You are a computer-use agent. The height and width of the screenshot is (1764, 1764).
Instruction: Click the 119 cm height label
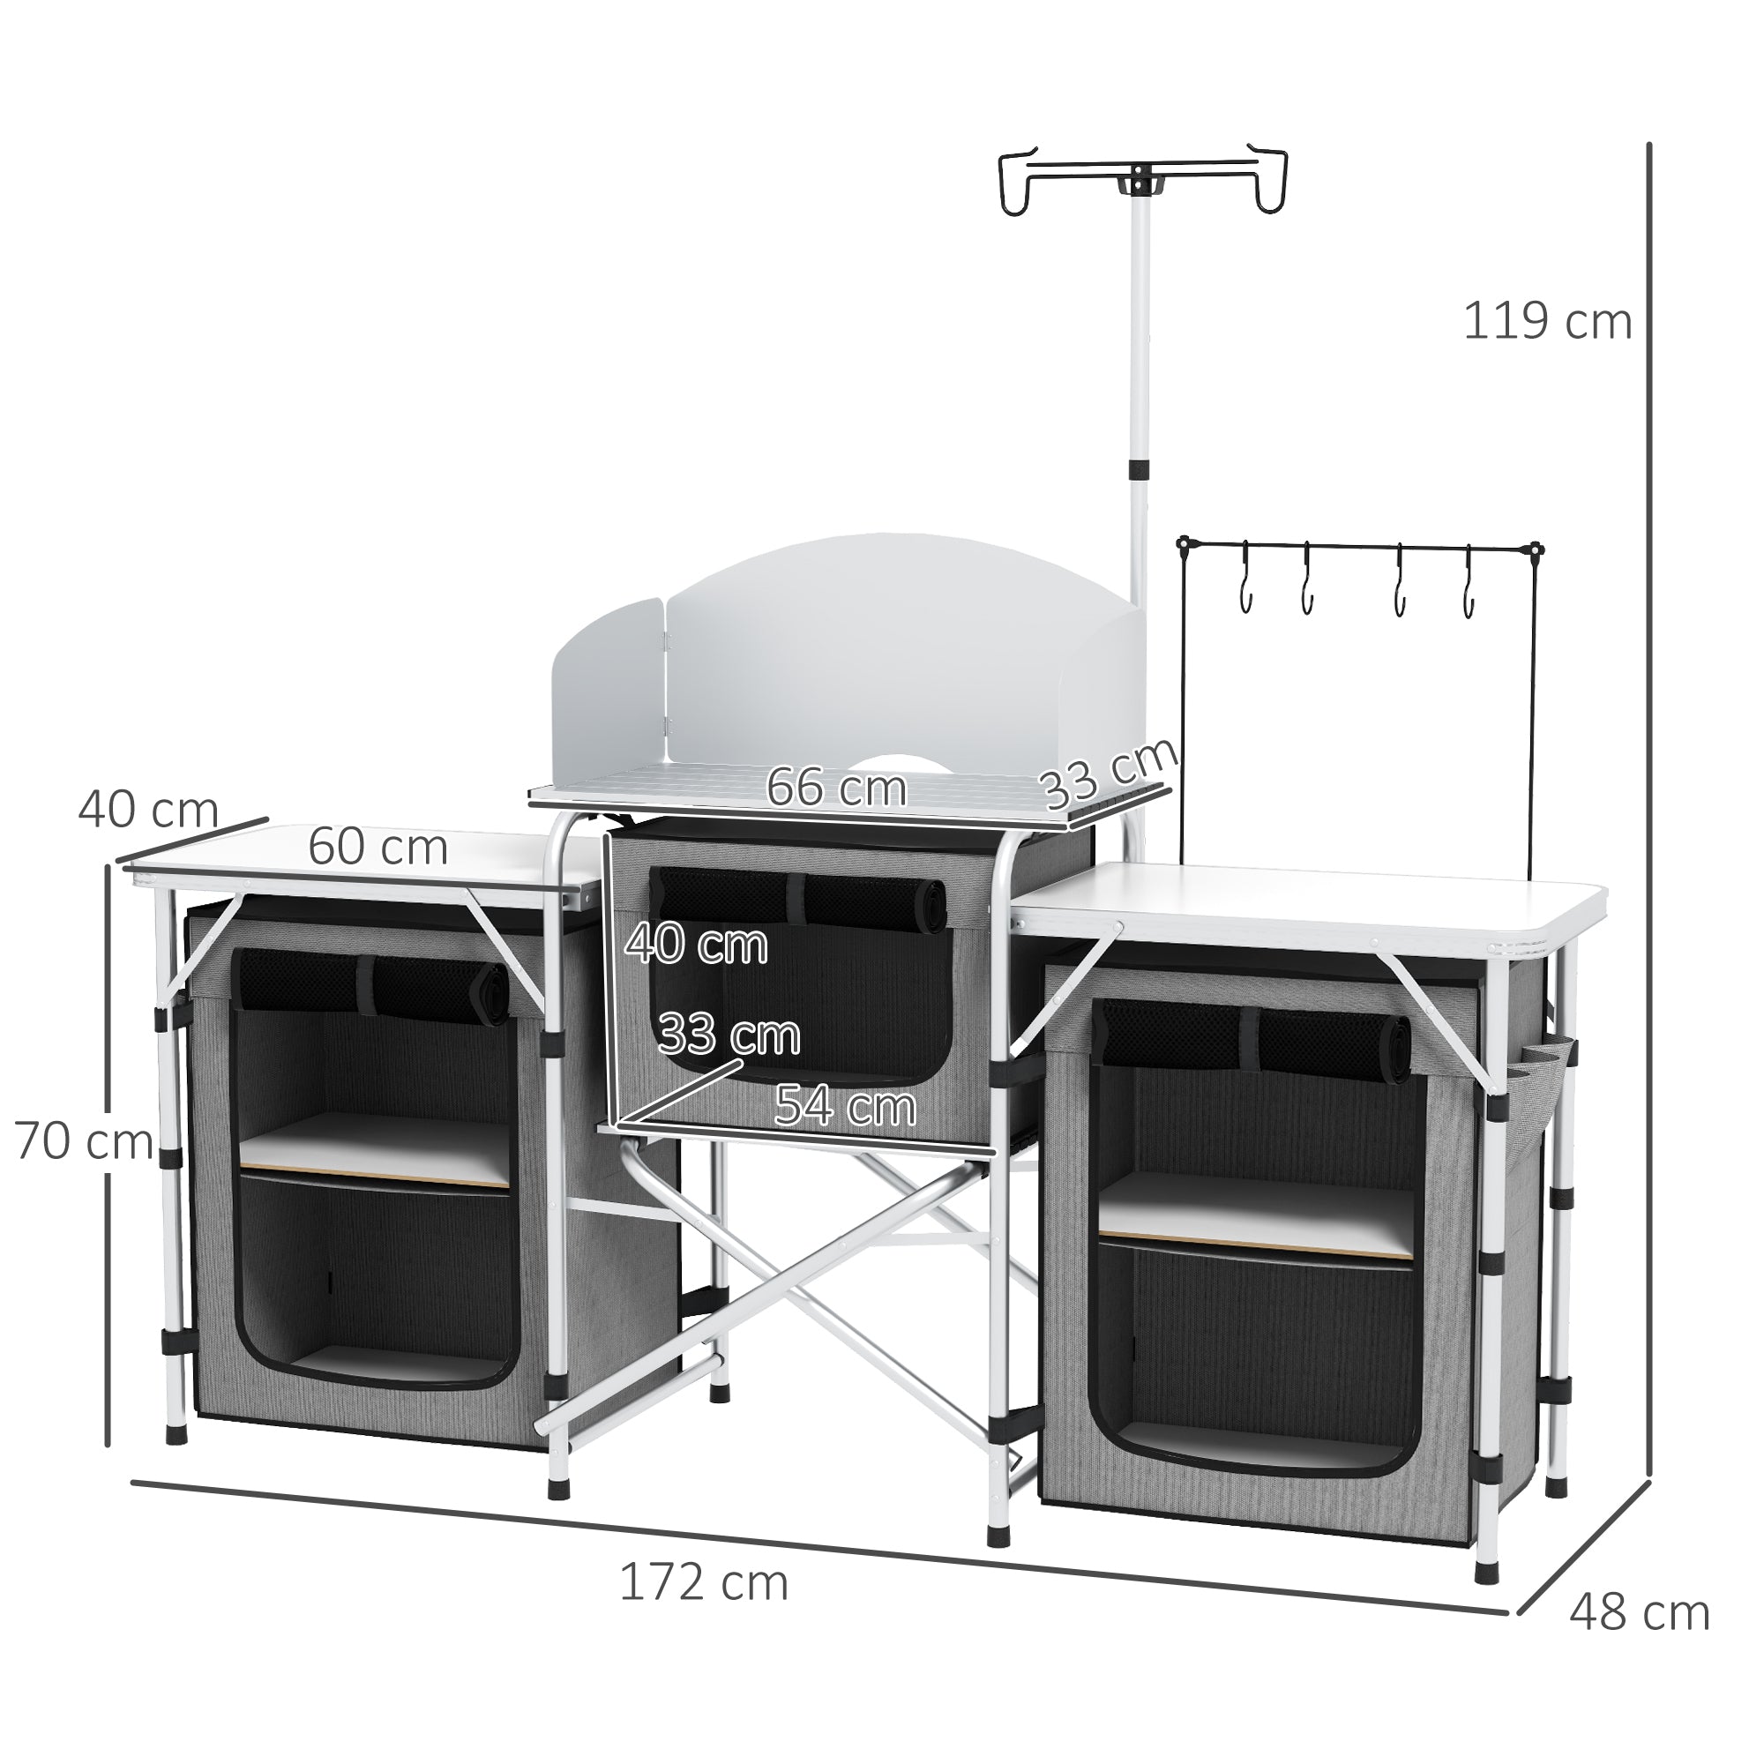click(x=1547, y=322)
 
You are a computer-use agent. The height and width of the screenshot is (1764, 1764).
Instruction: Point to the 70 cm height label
click(x=83, y=1141)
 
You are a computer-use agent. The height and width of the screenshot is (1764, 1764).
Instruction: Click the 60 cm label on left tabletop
click(x=377, y=848)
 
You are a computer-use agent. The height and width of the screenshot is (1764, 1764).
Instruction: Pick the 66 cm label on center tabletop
click(x=835, y=787)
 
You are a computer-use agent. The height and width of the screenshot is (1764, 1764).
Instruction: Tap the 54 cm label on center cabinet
click(x=845, y=1107)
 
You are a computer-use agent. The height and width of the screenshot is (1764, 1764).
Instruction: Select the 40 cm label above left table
click(x=148, y=809)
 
